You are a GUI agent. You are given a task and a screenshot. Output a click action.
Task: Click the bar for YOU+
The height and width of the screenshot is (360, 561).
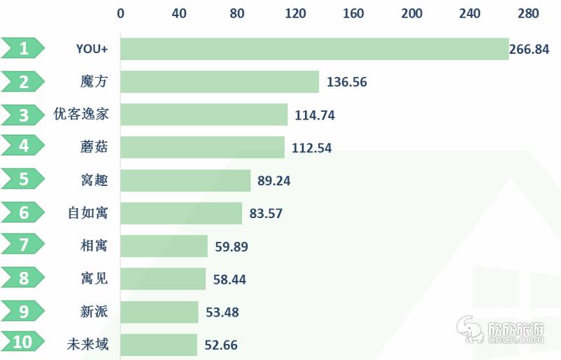tap(315, 49)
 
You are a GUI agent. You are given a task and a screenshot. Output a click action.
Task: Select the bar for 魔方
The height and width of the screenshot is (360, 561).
tap(220, 82)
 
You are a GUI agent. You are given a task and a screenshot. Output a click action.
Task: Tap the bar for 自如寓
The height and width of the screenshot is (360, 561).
tap(181, 213)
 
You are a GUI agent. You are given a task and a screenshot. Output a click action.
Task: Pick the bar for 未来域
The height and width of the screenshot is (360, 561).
tap(159, 345)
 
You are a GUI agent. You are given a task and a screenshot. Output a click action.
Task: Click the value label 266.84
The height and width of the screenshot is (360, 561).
tap(530, 49)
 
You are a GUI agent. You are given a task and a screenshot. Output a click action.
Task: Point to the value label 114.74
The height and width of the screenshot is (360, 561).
tap(315, 115)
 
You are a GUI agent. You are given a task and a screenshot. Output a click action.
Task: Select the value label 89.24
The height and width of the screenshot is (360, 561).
tap(274, 180)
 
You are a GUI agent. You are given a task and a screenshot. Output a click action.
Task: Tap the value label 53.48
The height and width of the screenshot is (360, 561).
tap(222, 312)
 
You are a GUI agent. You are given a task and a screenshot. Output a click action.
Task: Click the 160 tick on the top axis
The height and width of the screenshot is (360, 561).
tap(354, 13)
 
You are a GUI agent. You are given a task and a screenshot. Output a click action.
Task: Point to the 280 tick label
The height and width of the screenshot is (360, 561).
tap(529, 13)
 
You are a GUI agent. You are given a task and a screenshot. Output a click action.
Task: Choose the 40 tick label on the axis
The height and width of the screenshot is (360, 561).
tap(179, 13)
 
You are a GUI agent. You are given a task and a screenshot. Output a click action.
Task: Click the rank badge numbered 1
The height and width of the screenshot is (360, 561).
tap(24, 49)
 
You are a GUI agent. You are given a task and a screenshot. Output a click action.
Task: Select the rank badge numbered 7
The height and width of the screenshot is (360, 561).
tap(24, 246)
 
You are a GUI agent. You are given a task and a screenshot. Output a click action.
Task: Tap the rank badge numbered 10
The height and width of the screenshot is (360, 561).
tap(22, 343)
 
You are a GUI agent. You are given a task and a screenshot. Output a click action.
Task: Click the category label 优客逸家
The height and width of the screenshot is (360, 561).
tap(82, 115)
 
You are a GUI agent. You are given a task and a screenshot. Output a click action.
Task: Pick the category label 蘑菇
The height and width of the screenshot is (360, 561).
tap(94, 147)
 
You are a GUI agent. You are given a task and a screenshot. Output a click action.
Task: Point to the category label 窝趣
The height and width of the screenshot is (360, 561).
tap(94, 180)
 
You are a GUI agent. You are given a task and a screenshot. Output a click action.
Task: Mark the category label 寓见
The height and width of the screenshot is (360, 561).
tap(94, 279)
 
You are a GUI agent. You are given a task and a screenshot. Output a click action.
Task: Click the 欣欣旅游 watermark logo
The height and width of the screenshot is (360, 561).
tap(501, 329)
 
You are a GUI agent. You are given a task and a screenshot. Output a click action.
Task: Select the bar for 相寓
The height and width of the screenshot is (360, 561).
tap(164, 246)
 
